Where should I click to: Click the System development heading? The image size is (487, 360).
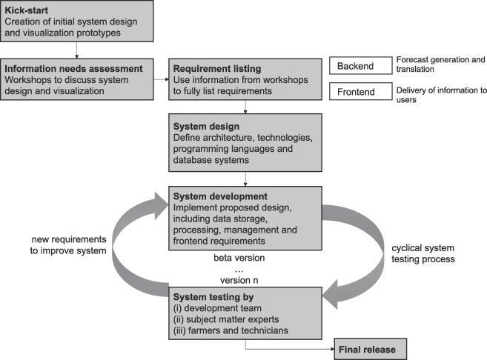[x=221, y=196]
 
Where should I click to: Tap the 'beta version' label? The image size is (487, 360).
[x=238, y=258]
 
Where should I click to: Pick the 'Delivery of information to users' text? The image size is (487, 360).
[x=440, y=96]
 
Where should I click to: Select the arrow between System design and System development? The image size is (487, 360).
[x=245, y=177]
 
